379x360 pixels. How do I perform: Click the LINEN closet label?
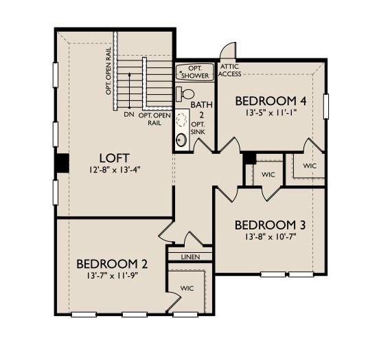(x=190, y=257)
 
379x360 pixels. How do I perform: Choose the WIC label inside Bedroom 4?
(x=310, y=166)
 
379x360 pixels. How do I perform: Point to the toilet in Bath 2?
(x=185, y=94)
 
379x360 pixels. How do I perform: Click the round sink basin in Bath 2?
(x=181, y=140)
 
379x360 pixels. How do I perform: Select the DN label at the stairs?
(x=129, y=114)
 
